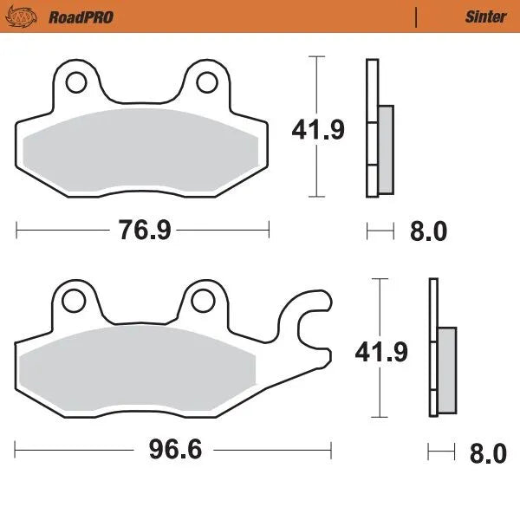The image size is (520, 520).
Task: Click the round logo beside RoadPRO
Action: click(x=32, y=16)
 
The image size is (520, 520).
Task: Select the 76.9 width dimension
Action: click(x=143, y=231)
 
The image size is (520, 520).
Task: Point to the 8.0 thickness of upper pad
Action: click(x=428, y=231)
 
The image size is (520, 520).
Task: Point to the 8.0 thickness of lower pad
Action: click(x=487, y=453)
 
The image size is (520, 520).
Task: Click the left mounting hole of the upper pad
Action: click(x=75, y=83)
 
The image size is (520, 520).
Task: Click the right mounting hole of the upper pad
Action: click(x=205, y=83)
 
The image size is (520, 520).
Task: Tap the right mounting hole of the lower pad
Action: click(x=202, y=301)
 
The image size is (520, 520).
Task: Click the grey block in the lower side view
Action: click(x=446, y=370)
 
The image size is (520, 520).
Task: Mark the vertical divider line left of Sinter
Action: click(x=417, y=16)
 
